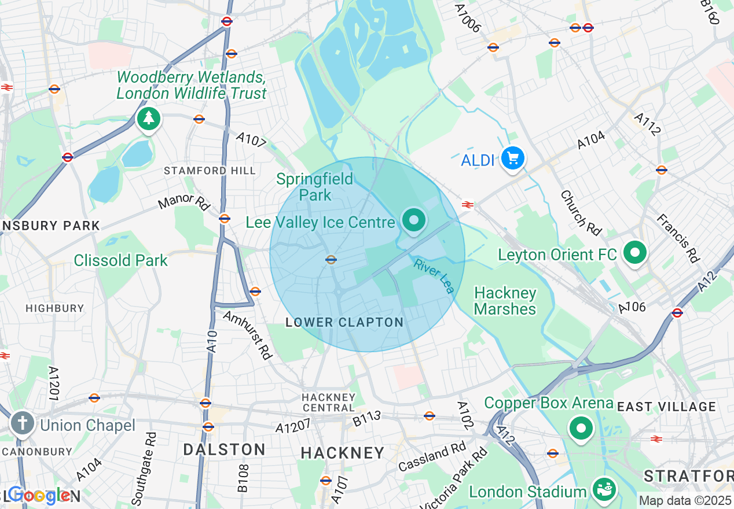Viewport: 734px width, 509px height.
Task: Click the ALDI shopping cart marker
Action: [x=512, y=158]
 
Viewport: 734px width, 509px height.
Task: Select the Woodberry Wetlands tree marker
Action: [x=149, y=119]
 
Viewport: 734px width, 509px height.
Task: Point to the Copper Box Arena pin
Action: [x=581, y=429]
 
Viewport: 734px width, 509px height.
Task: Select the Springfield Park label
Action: [x=315, y=187]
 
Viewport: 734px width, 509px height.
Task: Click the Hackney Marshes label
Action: [x=505, y=301]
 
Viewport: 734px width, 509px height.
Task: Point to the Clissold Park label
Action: [x=120, y=260]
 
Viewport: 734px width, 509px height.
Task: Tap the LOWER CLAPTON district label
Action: [x=344, y=323]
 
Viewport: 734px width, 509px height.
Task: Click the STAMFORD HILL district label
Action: [x=210, y=171]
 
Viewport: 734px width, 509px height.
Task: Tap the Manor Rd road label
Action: [x=184, y=202]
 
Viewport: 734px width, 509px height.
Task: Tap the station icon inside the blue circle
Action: [x=331, y=260]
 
